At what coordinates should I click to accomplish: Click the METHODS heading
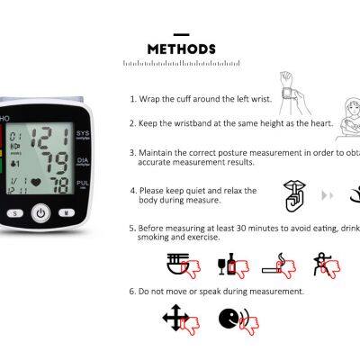tap(180, 49)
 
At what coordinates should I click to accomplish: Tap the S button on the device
tap(15, 213)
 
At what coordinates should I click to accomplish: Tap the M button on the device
tap(64, 213)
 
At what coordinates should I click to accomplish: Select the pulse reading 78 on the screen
tap(58, 186)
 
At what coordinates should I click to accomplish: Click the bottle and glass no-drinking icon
tap(226, 265)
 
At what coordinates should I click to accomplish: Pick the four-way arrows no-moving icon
tap(176, 318)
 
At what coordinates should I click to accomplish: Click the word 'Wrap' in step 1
tap(148, 98)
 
